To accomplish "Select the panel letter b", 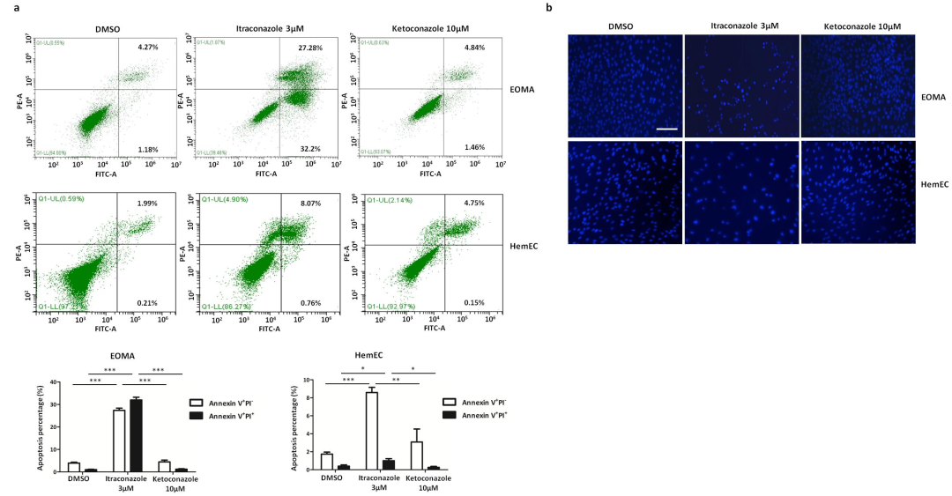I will (550, 8).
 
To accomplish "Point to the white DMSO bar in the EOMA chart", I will (74, 467).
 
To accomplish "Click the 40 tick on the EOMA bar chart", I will (56, 382).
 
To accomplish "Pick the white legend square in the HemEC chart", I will (448, 400).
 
